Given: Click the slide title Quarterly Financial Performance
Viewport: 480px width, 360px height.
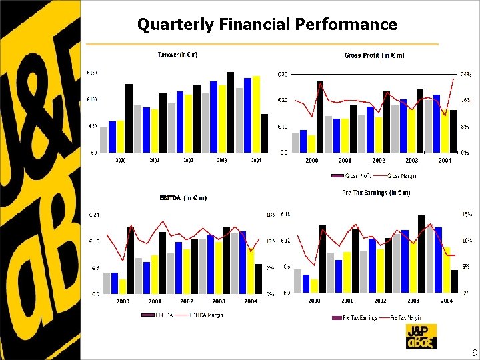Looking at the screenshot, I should pyautogui.click(x=267, y=25).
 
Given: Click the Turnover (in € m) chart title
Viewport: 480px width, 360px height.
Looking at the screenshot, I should pyautogui.click(x=177, y=55).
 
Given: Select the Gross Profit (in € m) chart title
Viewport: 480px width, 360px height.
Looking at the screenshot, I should pyautogui.click(x=374, y=55).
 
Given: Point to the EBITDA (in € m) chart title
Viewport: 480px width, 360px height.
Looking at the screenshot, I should pyautogui.click(x=183, y=197).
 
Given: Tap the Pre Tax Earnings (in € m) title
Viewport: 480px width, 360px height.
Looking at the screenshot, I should pyautogui.click(x=375, y=193).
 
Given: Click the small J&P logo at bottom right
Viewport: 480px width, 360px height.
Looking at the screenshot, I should pyautogui.click(x=421, y=337).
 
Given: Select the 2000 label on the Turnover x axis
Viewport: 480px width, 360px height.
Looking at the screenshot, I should pyautogui.click(x=121, y=161).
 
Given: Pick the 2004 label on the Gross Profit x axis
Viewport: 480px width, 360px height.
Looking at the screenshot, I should pyautogui.click(x=445, y=161).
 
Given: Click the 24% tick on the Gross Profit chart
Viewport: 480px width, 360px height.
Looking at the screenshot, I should pyautogui.click(x=465, y=73).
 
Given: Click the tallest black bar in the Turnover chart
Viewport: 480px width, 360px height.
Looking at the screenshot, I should pyautogui.click(x=231, y=112).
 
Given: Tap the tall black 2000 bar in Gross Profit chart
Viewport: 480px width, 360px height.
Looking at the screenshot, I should pyautogui.click(x=320, y=117).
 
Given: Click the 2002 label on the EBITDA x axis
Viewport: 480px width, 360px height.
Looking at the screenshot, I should pyautogui.click(x=187, y=301).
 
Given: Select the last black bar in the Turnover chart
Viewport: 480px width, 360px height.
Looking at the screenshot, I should pyautogui.click(x=265, y=133).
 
